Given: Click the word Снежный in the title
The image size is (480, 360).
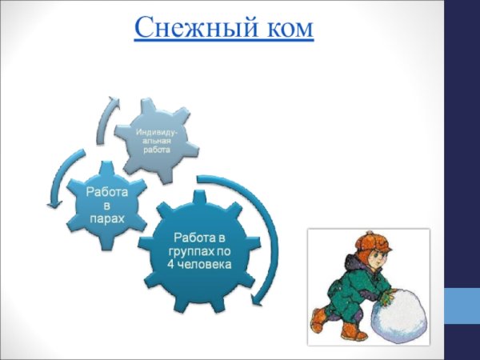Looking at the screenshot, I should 190,28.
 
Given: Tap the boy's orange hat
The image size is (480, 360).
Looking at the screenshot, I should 370,244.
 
